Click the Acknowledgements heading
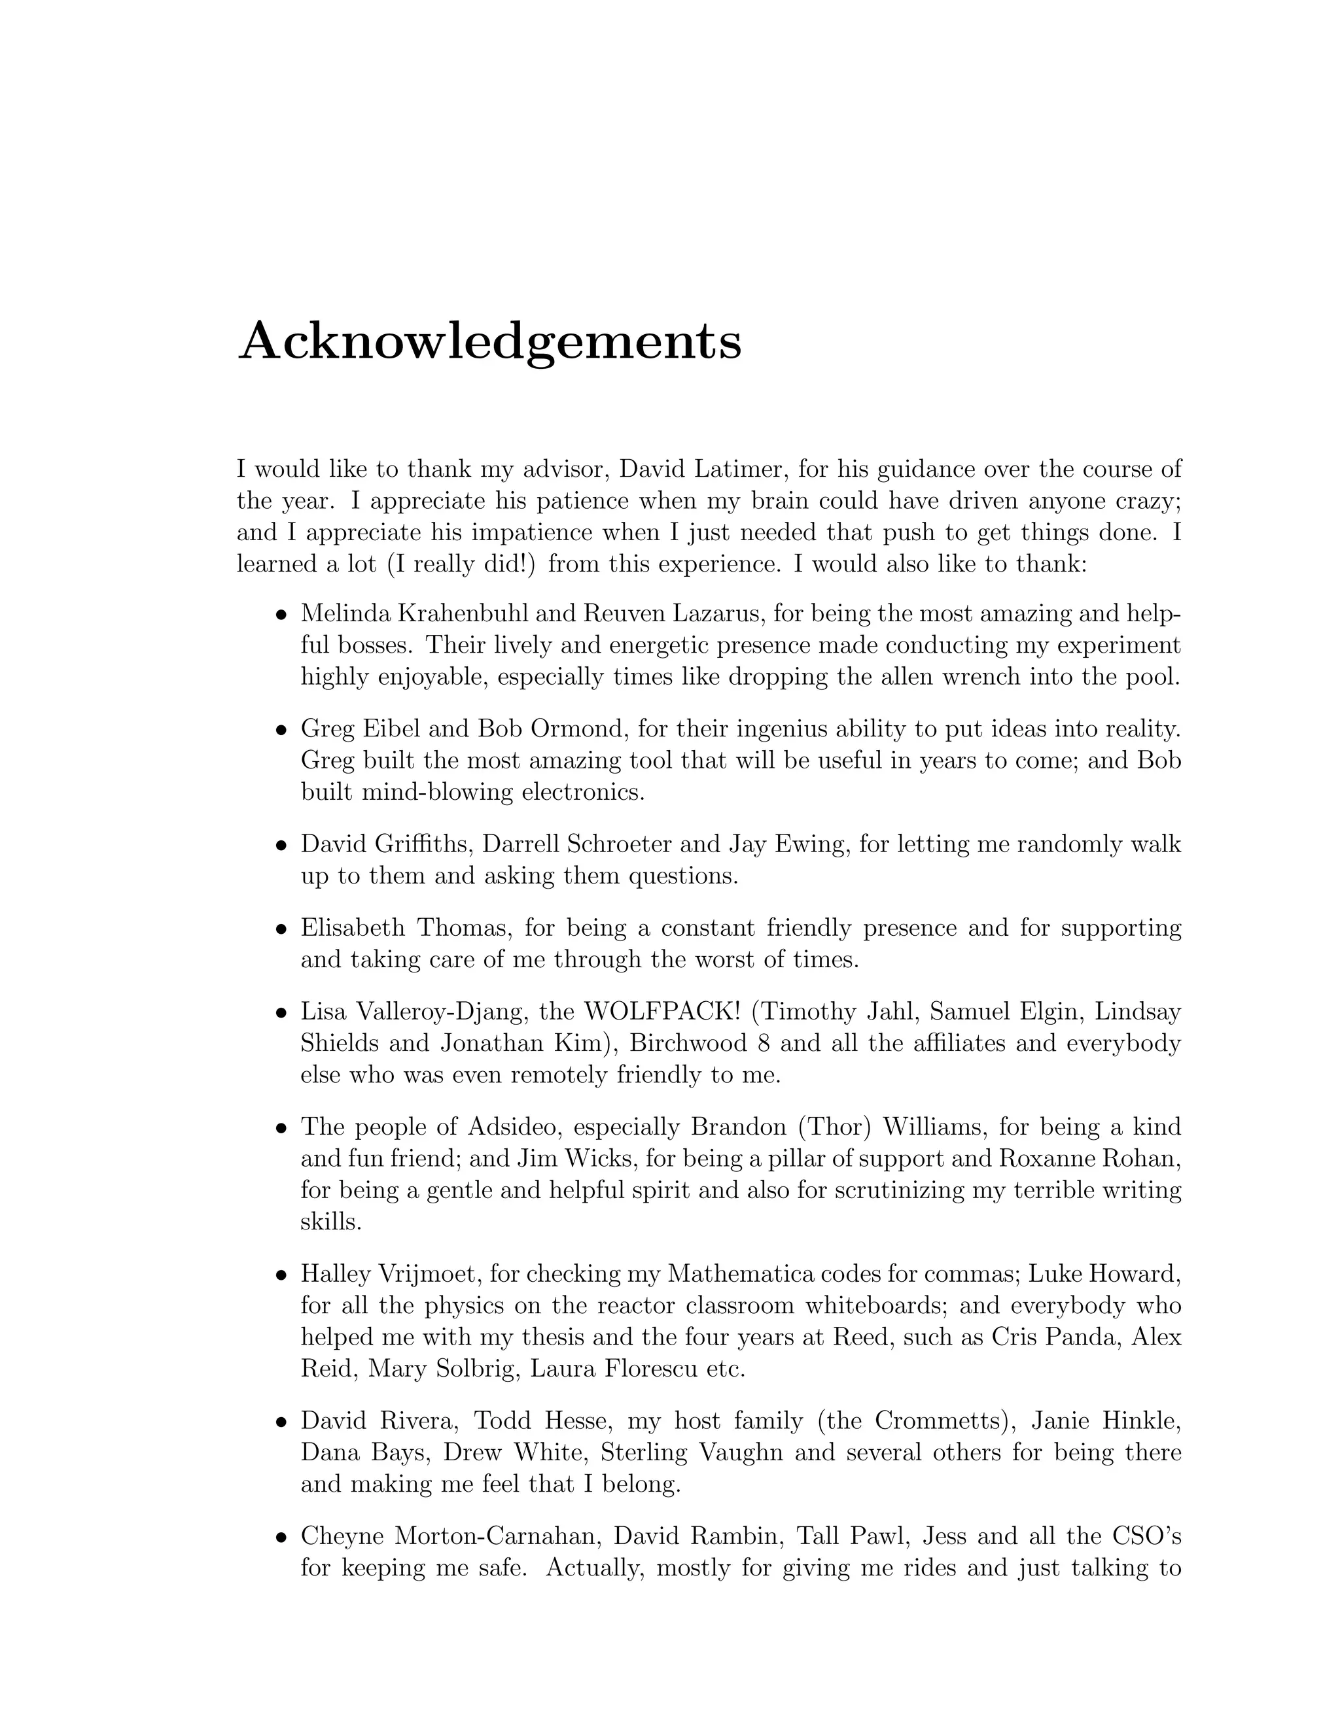pos(490,342)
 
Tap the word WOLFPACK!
pos(662,1012)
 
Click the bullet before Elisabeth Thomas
pos(280,929)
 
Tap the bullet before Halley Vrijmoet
pos(280,1275)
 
